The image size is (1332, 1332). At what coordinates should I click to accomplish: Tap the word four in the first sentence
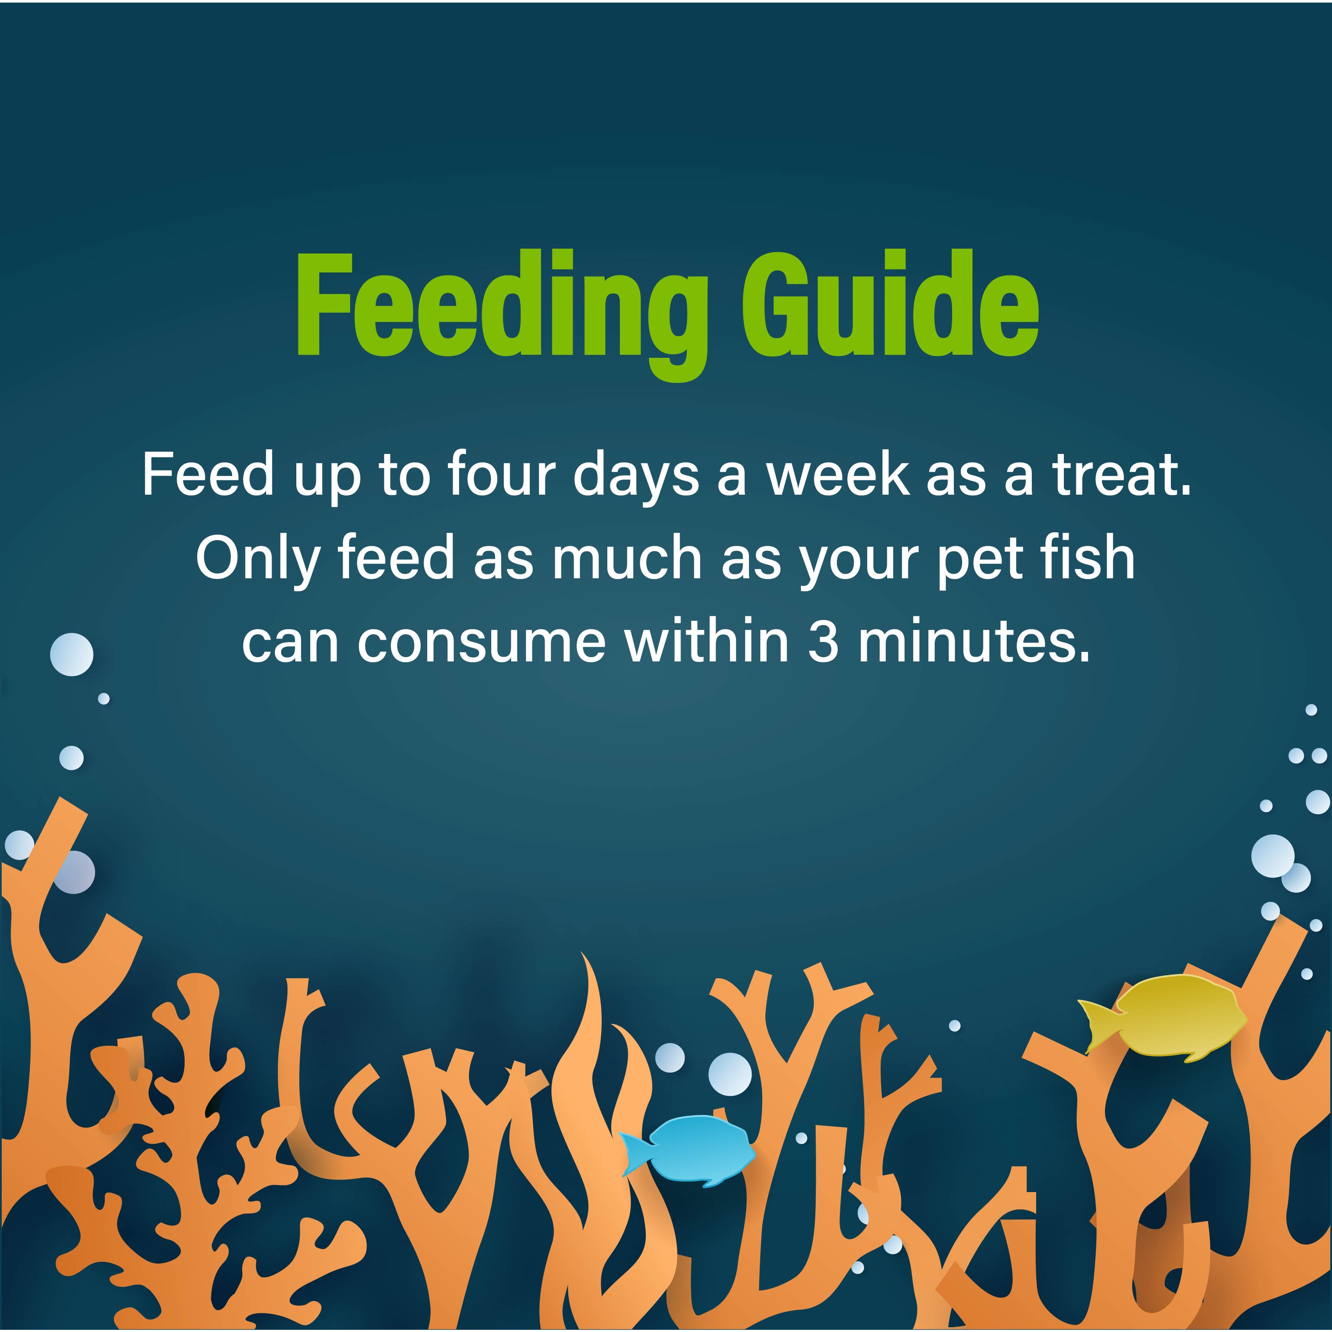501,475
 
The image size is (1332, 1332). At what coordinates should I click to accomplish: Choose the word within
707,642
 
